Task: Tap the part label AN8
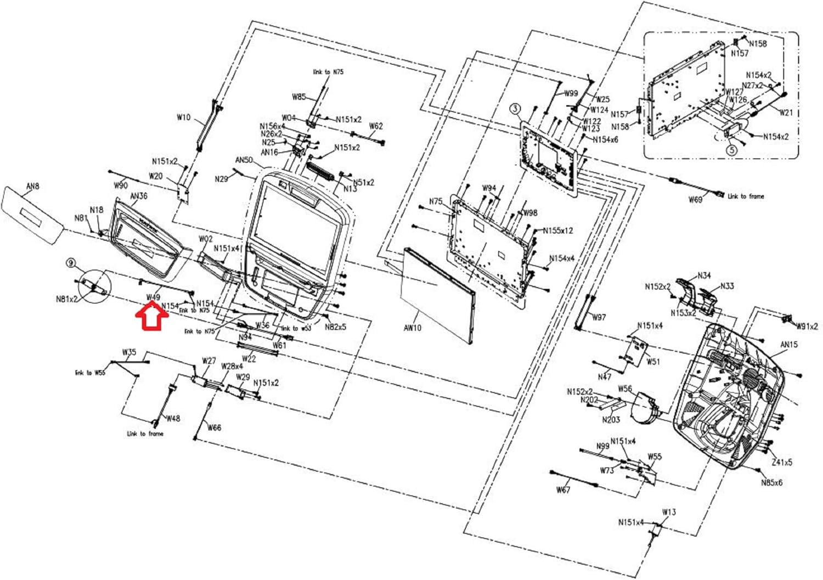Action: click(33, 186)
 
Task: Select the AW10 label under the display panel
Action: click(412, 328)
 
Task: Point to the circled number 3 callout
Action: click(515, 109)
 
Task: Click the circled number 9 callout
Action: click(71, 263)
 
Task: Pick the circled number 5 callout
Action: click(731, 149)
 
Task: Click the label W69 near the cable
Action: click(695, 200)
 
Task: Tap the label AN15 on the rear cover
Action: click(789, 345)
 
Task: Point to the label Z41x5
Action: click(782, 463)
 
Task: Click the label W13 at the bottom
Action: click(669, 512)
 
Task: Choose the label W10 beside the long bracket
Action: click(183, 117)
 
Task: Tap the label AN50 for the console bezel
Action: click(244, 160)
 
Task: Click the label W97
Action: click(599, 317)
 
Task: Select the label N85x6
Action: click(771, 483)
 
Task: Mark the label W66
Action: click(214, 427)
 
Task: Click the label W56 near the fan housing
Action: click(625, 388)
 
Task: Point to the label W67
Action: click(563, 489)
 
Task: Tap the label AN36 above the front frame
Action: click(138, 196)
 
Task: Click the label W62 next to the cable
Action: click(376, 126)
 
